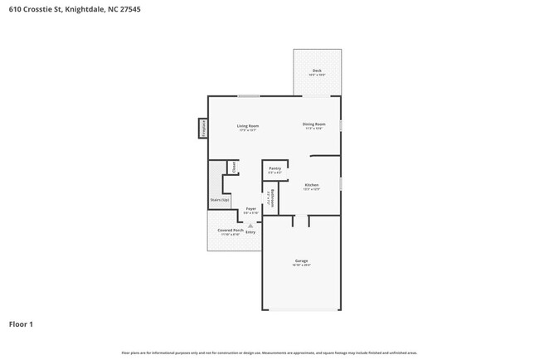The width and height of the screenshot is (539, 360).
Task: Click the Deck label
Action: click(317, 71)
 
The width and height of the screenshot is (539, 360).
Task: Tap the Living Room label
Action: click(248, 125)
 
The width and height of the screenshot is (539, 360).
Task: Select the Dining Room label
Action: click(313, 124)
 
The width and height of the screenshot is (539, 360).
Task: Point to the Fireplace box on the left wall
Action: click(202, 128)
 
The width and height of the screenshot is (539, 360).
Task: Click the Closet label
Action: click(234, 167)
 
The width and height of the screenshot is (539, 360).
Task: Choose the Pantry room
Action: click(275, 169)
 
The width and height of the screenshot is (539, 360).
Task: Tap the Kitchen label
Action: click(312, 185)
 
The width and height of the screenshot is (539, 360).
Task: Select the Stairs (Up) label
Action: click(220, 200)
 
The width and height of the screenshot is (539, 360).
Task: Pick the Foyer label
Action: click(250, 209)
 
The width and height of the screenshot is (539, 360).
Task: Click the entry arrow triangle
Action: click(250, 225)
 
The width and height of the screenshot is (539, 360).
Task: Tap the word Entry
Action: click(250, 231)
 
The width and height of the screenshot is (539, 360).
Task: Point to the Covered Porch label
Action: click(230, 230)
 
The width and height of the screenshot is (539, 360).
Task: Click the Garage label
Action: click(301, 260)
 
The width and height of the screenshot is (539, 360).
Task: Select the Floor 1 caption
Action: click(21, 324)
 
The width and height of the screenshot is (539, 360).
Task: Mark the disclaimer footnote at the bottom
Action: click(269, 353)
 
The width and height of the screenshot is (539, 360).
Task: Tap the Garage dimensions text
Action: click(301, 265)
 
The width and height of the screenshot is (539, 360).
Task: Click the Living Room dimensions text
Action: click(248, 129)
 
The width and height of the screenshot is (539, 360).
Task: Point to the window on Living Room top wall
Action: click(248, 96)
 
